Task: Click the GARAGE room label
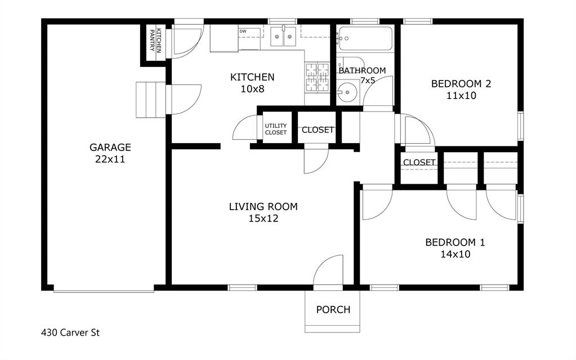click(x=110, y=147)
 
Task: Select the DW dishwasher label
click(x=243, y=32)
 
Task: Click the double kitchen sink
click(x=283, y=37)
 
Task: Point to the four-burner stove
click(x=317, y=77)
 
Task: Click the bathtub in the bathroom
click(x=365, y=39)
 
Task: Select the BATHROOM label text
click(x=362, y=70)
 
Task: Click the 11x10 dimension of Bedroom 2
click(x=461, y=96)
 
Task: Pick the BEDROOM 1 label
click(x=455, y=242)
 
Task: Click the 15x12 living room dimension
click(x=263, y=218)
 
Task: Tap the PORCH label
click(x=333, y=309)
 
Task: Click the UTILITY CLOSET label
click(x=276, y=129)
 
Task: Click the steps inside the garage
click(x=151, y=100)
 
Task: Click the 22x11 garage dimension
click(x=110, y=159)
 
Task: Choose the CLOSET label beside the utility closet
click(x=318, y=130)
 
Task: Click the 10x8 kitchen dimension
click(x=252, y=89)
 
